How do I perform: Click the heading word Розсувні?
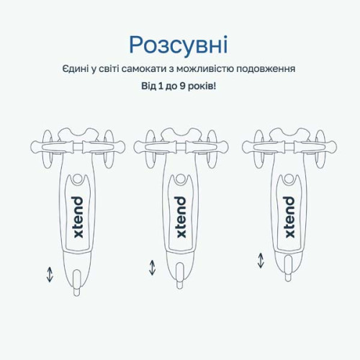point(179,45)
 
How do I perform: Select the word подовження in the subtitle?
point(266,70)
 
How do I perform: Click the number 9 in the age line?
point(182,86)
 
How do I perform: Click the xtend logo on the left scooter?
point(78,217)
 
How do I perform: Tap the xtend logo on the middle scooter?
point(181,217)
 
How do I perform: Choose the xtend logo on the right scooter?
point(289,217)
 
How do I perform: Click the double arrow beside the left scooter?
point(50,274)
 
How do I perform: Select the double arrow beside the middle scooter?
point(153,268)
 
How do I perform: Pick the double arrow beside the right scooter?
point(261,261)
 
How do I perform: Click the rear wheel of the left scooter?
point(77,282)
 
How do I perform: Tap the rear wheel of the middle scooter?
point(180,276)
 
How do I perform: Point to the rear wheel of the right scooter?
point(288,269)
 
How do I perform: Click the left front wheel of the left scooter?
point(48,149)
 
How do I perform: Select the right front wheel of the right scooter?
point(320,149)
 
